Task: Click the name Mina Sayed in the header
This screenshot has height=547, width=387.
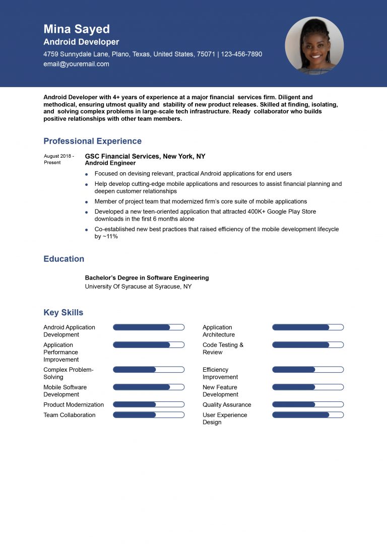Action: coord(76,29)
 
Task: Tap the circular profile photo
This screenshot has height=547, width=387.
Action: coord(314,46)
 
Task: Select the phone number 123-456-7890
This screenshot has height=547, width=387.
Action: coord(241,54)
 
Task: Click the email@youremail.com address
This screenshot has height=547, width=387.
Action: coord(76,64)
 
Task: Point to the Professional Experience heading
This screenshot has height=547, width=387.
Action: coord(92,141)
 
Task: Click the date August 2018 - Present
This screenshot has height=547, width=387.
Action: coord(58,159)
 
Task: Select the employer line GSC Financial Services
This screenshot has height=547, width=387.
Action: coord(145,156)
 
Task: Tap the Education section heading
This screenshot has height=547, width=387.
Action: coord(63,259)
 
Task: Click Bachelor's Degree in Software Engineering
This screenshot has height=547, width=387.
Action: coord(147,278)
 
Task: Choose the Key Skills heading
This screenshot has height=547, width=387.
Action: coord(63,312)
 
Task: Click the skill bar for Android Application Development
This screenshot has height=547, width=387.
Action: coord(149,327)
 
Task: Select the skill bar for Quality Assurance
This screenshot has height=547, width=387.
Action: coord(308,404)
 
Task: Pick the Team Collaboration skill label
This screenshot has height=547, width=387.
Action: coord(69,415)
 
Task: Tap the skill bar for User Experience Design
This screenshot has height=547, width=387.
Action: coord(308,415)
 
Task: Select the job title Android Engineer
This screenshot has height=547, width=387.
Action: coord(110,163)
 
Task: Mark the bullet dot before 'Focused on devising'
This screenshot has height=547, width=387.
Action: coord(87,174)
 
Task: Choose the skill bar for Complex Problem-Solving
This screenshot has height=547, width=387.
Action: coord(149,370)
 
